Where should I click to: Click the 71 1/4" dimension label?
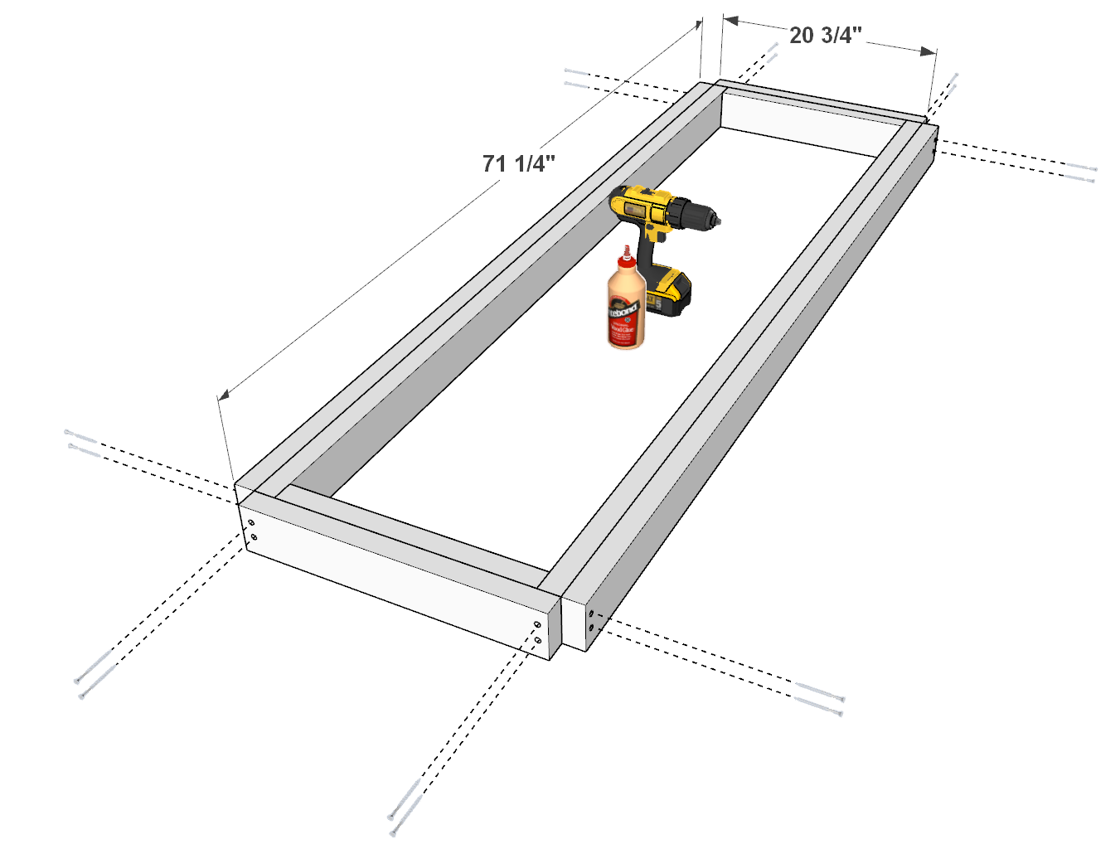[x=519, y=163]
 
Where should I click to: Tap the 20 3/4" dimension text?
[x=825, y=35]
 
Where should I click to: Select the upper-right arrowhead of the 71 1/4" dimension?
[x=697, y=26]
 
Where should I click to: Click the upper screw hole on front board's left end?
[x=250, y=522]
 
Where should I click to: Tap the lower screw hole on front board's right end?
[x=538, y=640]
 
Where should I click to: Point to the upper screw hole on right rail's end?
[x=591, y=614]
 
